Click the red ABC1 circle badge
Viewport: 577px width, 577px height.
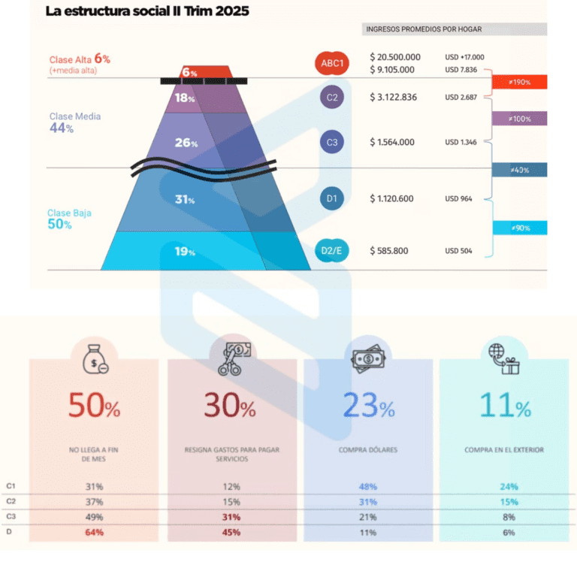[x=332, y=64]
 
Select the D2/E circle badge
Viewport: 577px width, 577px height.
[x=332, y=250]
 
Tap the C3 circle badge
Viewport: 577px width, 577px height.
[x=332, y=142]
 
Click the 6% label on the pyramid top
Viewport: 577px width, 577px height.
[x=189, y=73]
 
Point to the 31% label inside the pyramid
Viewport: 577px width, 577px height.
[x=185, y=199]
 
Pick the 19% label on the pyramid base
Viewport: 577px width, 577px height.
[x=185, y=252]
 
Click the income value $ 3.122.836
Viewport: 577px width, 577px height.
[x=393, y=97]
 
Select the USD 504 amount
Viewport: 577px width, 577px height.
[x=458, y=251]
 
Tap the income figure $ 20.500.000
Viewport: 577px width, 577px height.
[x=395, y=57]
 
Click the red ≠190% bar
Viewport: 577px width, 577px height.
[x=519, y=82]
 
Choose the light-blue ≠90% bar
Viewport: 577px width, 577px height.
[x=519, y=228]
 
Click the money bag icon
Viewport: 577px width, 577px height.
[x=94, y=359]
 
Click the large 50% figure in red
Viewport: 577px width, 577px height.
[x=94, y=406]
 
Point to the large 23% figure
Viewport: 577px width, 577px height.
[x=368, y=406]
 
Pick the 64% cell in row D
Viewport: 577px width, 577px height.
[x=94, y=533]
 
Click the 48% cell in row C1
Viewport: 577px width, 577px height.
[x=368, y=487]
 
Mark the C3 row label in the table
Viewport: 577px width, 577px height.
[x=11, y=517]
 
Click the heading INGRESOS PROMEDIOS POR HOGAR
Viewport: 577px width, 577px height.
[x=424, y=29]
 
